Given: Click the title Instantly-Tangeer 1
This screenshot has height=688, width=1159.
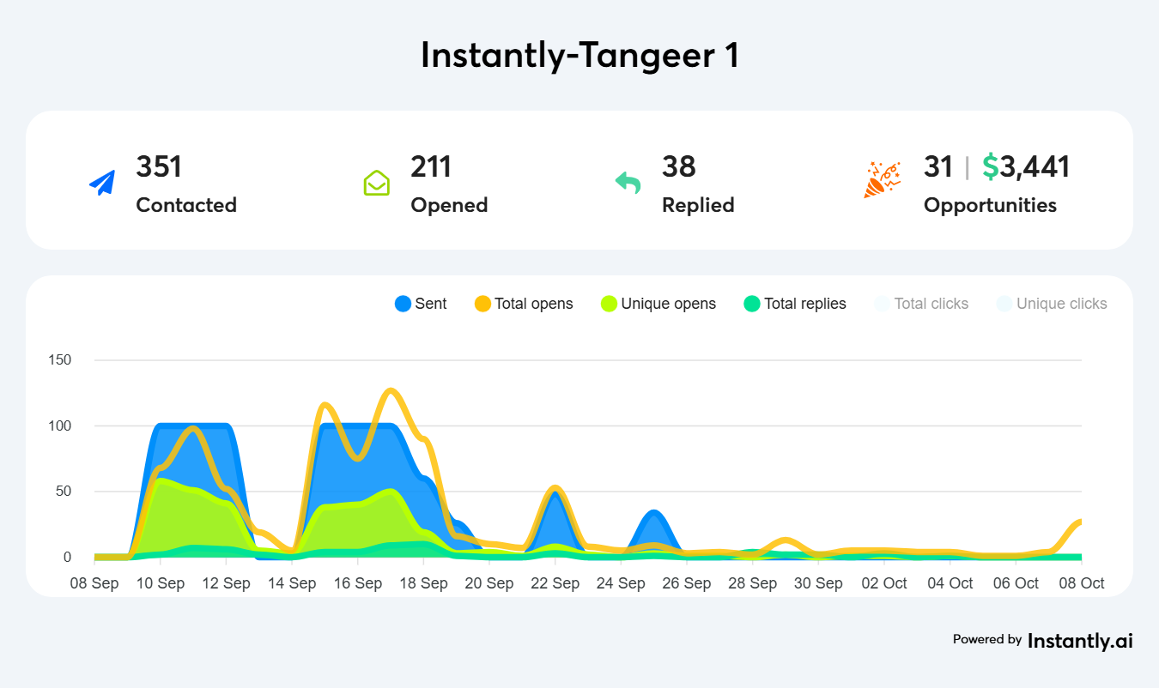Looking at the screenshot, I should pos(579,56).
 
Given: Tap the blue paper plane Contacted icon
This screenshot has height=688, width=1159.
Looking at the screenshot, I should pos(102,183).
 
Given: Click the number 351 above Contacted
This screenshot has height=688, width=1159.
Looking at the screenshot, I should pos(159,166).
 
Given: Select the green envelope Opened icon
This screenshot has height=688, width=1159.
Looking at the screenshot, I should pos(376,183).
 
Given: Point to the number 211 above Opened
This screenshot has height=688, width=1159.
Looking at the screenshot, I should pos(431,166).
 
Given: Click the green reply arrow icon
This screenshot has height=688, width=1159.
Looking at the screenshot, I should pos(628,182).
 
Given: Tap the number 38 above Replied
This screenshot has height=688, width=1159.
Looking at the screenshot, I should pos(678,166).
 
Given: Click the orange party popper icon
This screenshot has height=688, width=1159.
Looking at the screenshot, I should pos(882,179).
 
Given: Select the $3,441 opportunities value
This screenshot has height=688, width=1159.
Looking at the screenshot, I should pos(1026,166).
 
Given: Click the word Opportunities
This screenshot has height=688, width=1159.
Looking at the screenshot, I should pos(990,205).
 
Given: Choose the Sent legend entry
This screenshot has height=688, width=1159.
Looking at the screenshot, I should pos(421,304).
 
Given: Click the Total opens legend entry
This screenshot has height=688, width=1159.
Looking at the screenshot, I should pos(524,304).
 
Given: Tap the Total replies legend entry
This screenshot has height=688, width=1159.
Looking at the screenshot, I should pos(795,304).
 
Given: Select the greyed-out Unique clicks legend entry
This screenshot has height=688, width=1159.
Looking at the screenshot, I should pos(1052,304).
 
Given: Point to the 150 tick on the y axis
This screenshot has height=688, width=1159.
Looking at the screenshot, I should pos(60,359).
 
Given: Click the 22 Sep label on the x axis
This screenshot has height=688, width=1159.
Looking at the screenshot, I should pos(555,583).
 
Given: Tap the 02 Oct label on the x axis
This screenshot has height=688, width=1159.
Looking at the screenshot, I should pos(884,583).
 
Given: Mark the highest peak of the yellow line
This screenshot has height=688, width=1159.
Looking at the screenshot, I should pos(391,391).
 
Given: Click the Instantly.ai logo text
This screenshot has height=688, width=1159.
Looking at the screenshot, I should pos(1080,640).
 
